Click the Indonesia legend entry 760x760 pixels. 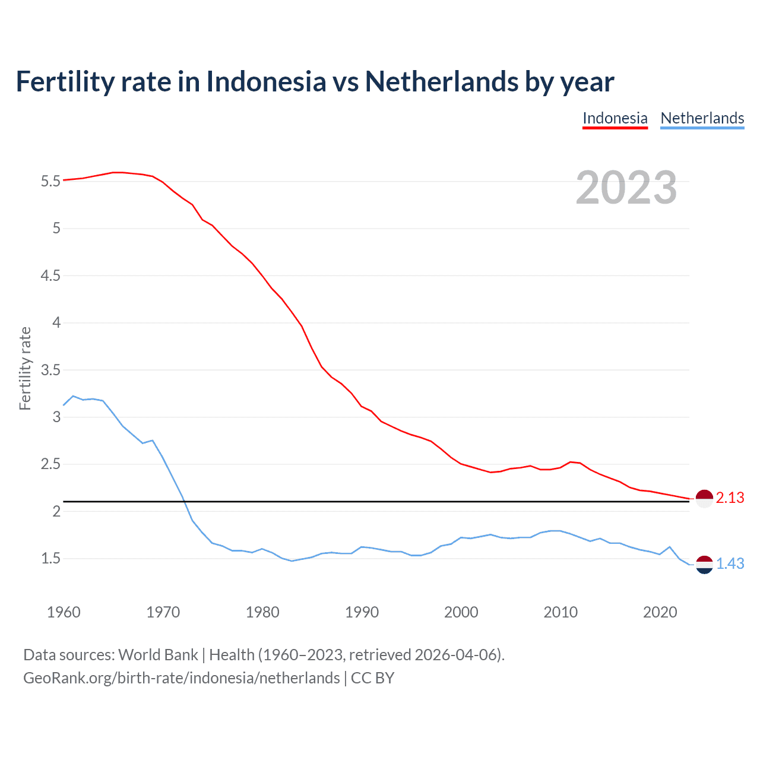615,118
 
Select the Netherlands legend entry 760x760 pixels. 702,118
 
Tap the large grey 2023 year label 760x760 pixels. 626,188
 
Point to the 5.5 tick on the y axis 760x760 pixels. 50,181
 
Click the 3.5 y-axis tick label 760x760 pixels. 50,370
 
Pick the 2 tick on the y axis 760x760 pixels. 57,511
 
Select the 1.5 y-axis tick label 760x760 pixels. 50,559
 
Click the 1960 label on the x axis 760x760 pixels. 64,612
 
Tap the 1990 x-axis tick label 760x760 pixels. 362,612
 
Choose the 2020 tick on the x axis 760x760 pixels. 660,612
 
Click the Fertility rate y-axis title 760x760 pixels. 25,368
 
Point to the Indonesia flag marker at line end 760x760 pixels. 704,499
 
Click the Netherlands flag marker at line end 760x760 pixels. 704,565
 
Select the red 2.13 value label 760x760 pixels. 730,498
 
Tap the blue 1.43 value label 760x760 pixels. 730,564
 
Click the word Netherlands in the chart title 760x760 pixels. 441,81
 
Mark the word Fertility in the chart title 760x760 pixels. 64,81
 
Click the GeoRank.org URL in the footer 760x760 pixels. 181,678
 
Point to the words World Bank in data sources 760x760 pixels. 158,655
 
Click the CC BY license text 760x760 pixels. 372,678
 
